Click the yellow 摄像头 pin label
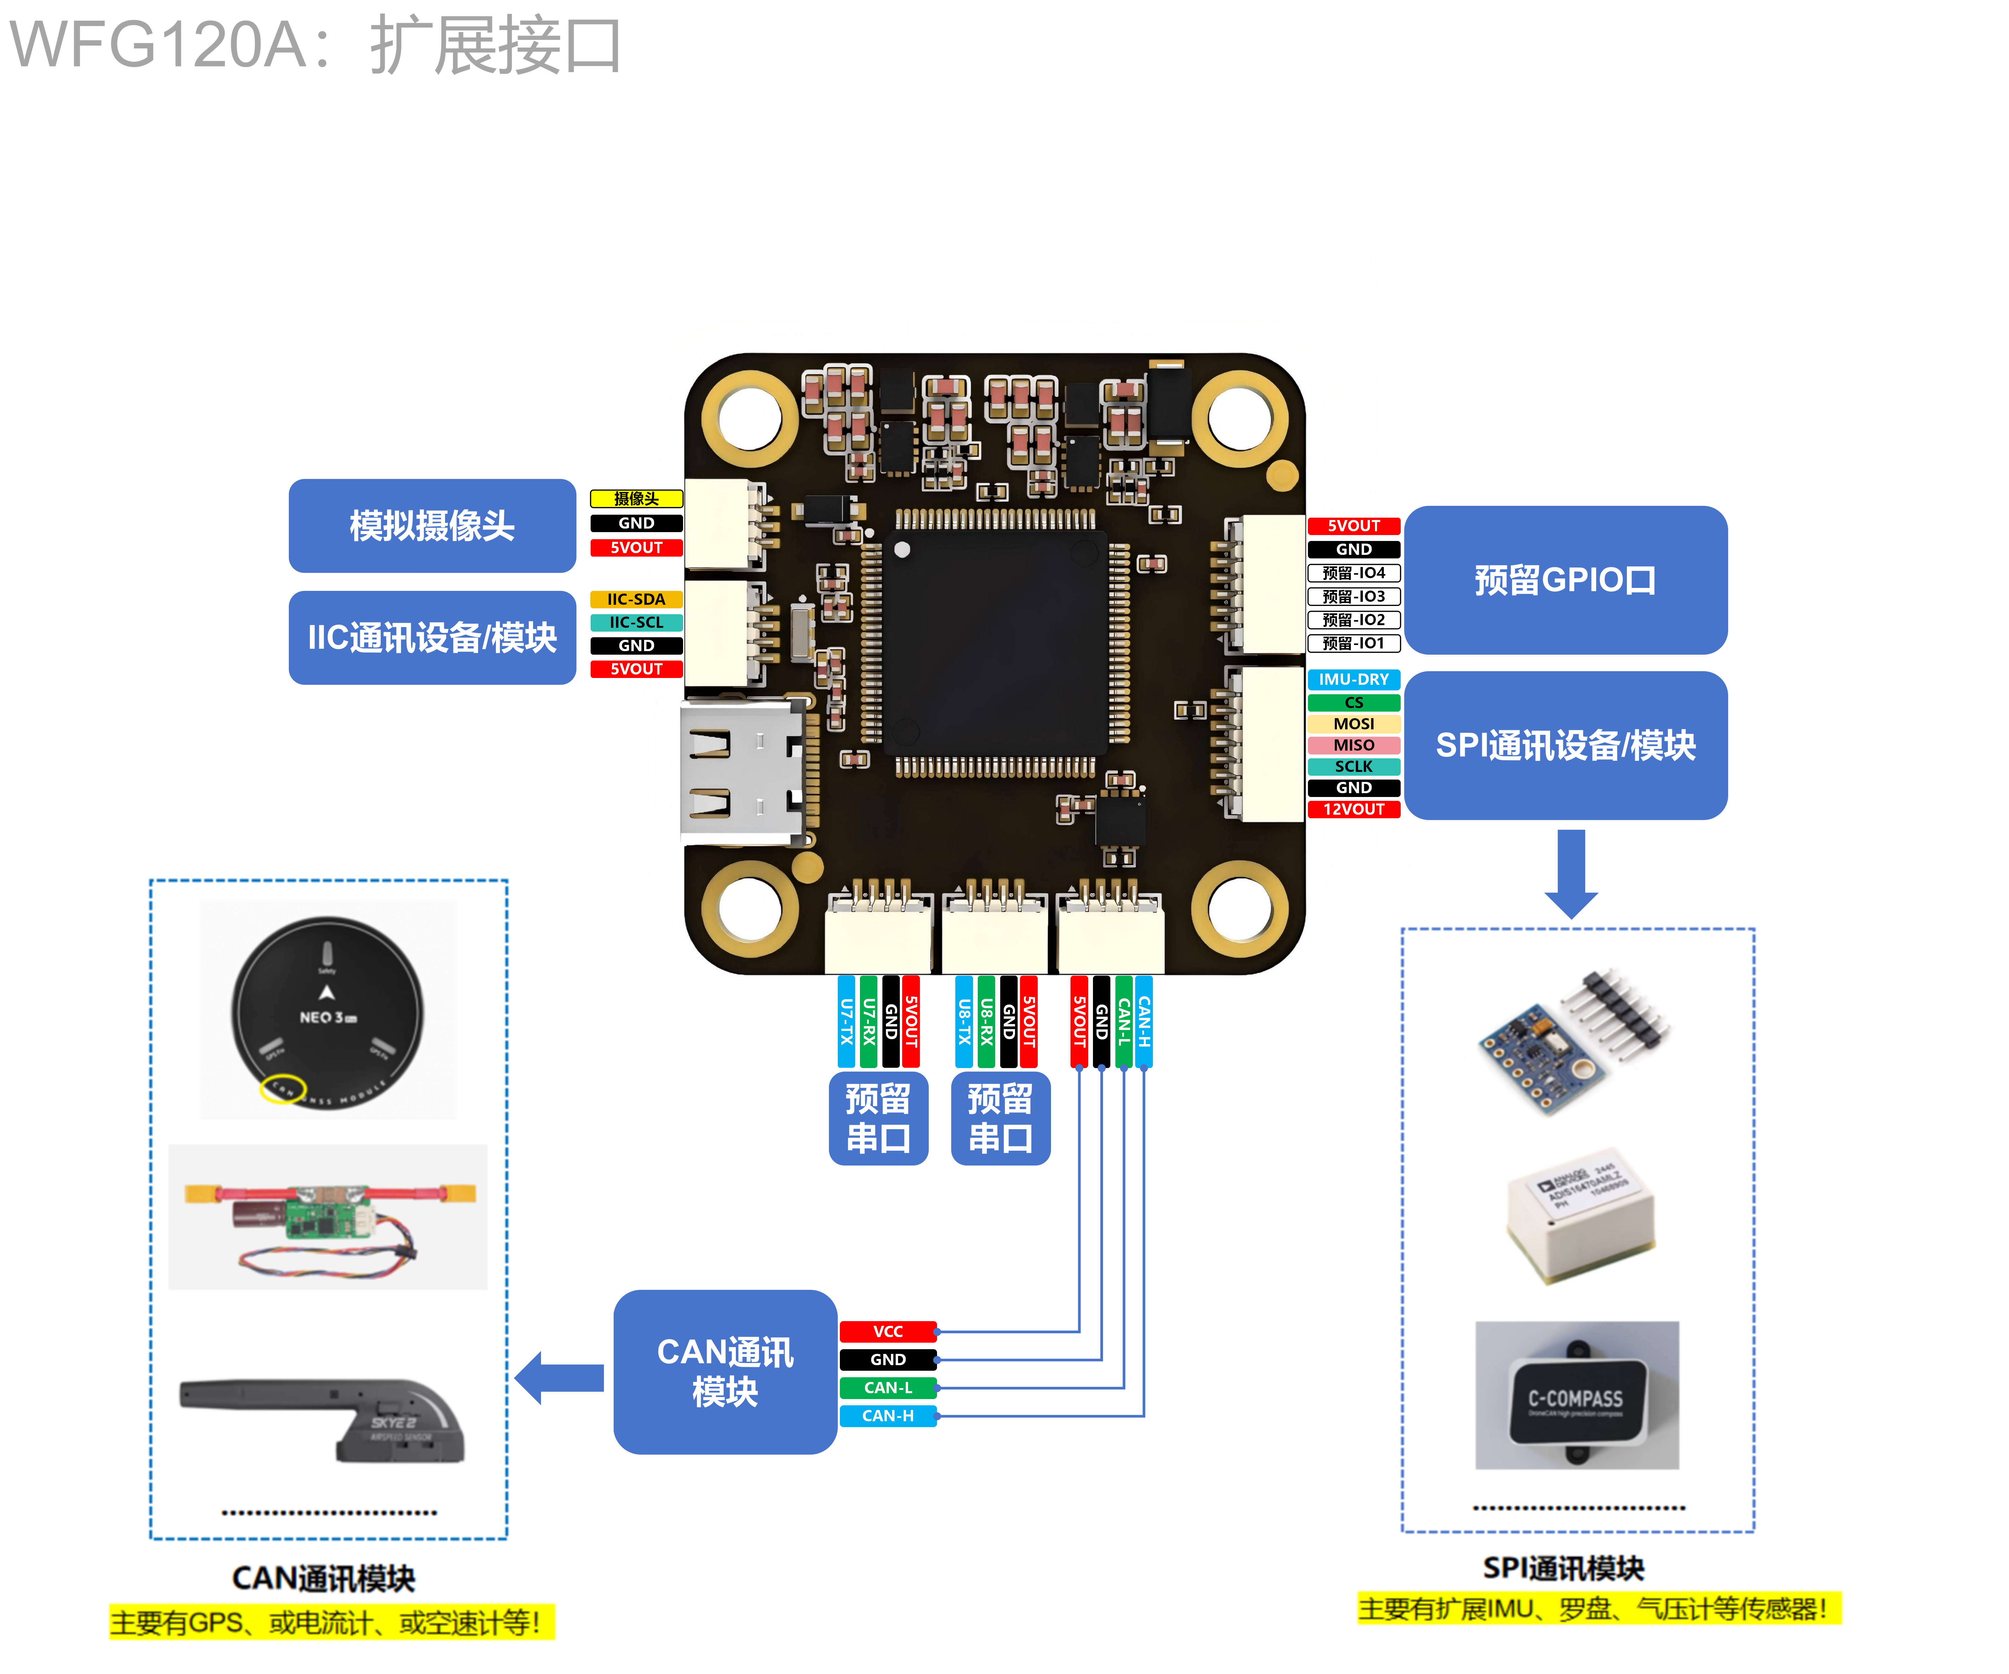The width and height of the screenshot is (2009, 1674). pos(636,498)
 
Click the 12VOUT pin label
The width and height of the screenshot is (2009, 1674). pos(1354,809)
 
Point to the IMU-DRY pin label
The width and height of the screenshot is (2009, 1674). pos(1354,679)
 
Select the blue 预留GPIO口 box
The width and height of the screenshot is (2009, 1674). pos(1565,580)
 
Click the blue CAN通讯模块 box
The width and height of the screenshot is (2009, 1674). pos(725,1372)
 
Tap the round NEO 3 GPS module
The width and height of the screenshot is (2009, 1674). pos(327,1012)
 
